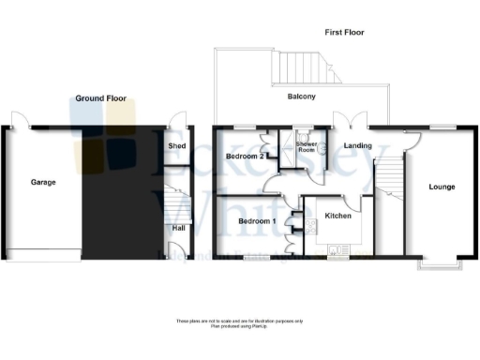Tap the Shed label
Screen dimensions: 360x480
[175, 147]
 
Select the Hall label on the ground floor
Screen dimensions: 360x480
[178, 227]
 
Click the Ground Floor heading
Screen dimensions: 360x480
[102, 97]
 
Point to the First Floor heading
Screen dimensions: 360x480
[344, 32]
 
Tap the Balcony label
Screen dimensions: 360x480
[301, 97]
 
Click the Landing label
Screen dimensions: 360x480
[357, 146]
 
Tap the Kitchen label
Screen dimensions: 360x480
[337, 216]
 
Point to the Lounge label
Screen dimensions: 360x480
[442, 187]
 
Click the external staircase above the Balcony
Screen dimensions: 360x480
[306, 67]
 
